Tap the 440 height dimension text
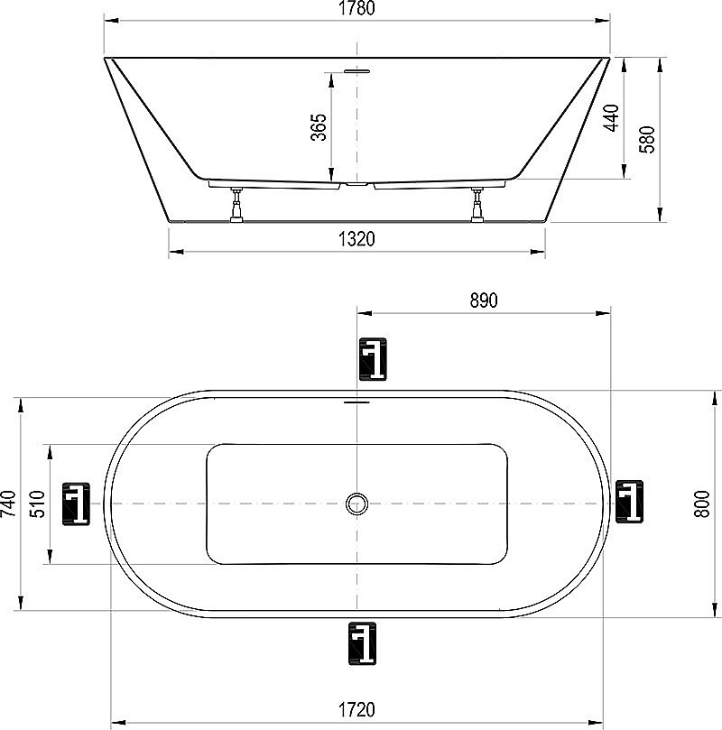tap(611, 118)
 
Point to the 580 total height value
tap(647, 139)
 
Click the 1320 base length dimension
tap(356, 239)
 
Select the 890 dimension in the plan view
tap(484, 301)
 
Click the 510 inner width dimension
tap(39, 503)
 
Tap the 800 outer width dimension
tap(700, 503)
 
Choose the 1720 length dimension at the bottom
tap(357, 710)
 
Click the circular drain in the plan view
tap(358, 504)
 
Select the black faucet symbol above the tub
tap(372, 359)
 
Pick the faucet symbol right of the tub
tap(629, 502)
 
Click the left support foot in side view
tap(237, 205)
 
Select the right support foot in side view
tap(477, 205)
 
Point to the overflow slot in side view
tap(357, 69)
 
